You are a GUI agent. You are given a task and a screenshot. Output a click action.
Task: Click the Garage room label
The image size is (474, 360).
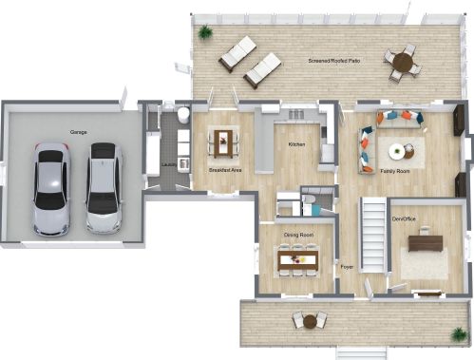click(78, 132)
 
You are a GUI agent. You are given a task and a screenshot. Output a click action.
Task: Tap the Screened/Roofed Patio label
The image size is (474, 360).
click(334, 61)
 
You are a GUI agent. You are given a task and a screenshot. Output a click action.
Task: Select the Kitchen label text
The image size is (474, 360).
click(296, 144)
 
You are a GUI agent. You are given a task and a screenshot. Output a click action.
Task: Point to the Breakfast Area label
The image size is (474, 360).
click(225, 170)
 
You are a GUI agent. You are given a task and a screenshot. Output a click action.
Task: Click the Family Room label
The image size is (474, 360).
click(395, 171)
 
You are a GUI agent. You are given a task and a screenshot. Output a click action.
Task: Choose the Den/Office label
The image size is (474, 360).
click(404, 218)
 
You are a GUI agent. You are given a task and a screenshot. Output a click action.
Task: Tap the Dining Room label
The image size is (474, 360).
click(298, 235)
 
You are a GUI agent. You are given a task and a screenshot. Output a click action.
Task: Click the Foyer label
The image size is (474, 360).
click(347, 267)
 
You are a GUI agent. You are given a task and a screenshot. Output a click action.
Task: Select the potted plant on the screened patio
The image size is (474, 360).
click(205, 31)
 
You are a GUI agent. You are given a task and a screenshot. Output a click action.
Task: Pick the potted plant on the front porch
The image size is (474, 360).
click(459, 334)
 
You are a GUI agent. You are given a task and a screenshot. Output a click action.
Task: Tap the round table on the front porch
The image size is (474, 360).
click(310, 322)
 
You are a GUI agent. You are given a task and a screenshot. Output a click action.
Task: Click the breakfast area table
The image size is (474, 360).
click(223, 144)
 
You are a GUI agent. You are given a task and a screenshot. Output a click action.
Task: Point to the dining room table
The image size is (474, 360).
click(297, 260)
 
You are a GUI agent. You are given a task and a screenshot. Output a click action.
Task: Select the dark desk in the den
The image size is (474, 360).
click(426, 243)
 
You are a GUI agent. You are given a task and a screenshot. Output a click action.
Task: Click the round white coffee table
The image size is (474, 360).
click(396, 152)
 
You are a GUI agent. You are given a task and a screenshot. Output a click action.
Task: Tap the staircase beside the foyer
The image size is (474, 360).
click(373, 235)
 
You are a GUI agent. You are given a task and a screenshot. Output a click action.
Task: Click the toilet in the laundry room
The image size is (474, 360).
click(182, 115)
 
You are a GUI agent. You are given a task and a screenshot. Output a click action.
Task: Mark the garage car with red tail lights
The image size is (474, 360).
click(51, 189)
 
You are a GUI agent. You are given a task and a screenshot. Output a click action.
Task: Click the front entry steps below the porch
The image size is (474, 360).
click(361, 353)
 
